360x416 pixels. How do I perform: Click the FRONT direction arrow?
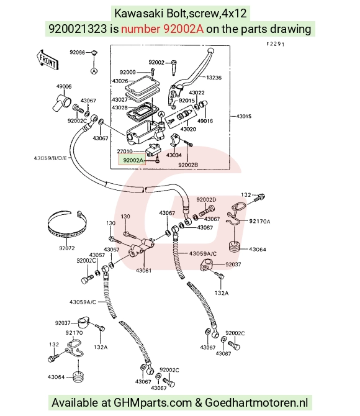pyautogui.click(x=47, y=60)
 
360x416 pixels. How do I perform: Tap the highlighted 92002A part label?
pyautogui.click(x=132, y=160)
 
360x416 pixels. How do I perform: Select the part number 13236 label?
pyautogui.click(x=214, y=78)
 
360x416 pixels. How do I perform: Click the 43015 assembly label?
pyautogui.click(x=243, y=116)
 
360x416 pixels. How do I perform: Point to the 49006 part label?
pyautogui.click(x=64, y=86)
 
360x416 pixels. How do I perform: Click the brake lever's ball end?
pyautogui.click(x=210, y=50)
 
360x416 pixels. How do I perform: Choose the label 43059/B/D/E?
pyautogui.click(x=50, y=158)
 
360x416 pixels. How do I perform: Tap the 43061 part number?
pyautogui.click(x=143, y=270)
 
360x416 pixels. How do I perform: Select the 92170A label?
pyautogui.click(x=259, y=221)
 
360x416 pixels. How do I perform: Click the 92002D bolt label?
pyautogui.click(x=206, y=199)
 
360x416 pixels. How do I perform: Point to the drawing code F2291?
pyautogui.click(x=276, y=44)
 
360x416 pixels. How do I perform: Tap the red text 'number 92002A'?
pyautogui.click(x=163, y=29)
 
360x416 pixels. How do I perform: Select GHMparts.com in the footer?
pyautogui.click(x=153, y=402)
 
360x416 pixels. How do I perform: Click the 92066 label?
pyautogui.click(x=77, y=52)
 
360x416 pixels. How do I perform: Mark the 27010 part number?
pyautogui.click(x=125, y=151)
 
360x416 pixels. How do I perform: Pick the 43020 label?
pyautogui.click(x=188, y=129)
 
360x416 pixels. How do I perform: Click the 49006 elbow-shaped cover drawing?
pyautogui.click(x=61, y=102)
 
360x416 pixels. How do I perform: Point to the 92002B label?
pyautogui.click(x=188, y=165)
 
